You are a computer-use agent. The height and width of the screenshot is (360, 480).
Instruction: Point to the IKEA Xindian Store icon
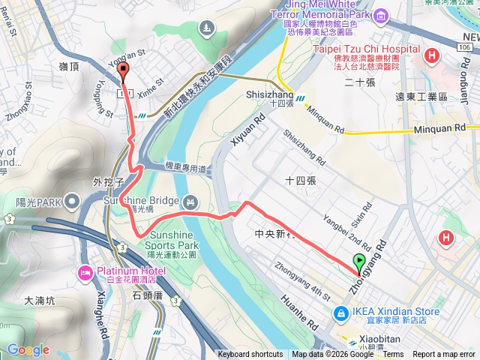click(340, 312)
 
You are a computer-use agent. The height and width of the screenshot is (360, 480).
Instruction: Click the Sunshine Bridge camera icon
click(190, 200)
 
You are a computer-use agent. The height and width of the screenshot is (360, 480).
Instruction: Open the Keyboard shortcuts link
click(250, 355)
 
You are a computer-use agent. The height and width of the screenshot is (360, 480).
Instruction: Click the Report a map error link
click(444, 355)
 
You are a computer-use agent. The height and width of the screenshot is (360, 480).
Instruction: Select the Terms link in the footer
click(393, 355)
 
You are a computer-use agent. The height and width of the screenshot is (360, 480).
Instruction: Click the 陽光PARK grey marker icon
click(72, 201)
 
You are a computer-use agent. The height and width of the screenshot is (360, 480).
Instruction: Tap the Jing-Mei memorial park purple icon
click(381, 16)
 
